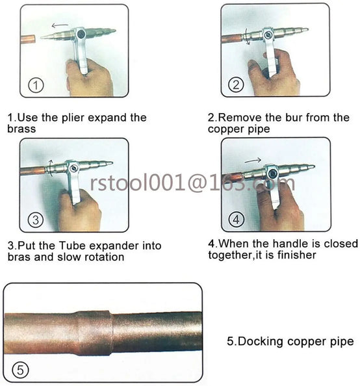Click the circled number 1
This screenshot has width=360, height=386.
36,85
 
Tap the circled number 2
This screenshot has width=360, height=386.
236,85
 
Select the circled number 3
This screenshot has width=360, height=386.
36,220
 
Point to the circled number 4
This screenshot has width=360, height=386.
237,220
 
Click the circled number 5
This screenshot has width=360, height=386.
20,370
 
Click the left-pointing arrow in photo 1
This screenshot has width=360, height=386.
60,25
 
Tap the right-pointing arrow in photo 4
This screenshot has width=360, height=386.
253,161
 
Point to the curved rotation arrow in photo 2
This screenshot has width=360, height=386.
248,36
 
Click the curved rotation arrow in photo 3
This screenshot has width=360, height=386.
51,168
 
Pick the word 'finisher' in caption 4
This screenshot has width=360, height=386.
297,255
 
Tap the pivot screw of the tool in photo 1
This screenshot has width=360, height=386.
81,34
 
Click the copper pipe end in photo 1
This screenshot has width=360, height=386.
29,40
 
